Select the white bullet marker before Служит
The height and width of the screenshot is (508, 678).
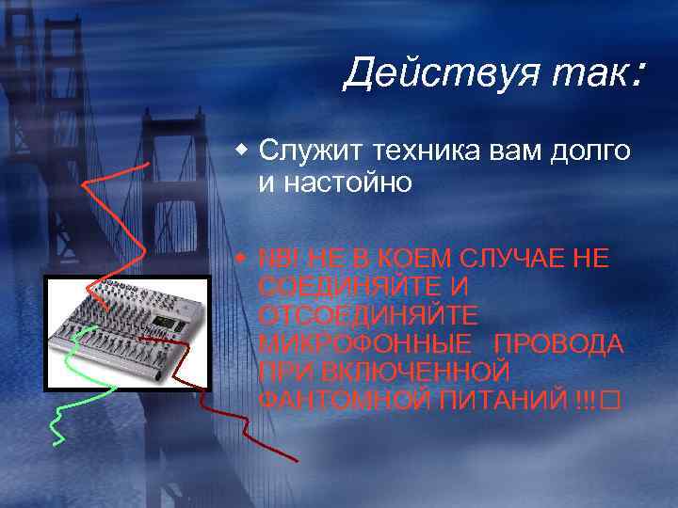click(244, 150)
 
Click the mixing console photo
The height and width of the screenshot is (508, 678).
click(127, 329)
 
